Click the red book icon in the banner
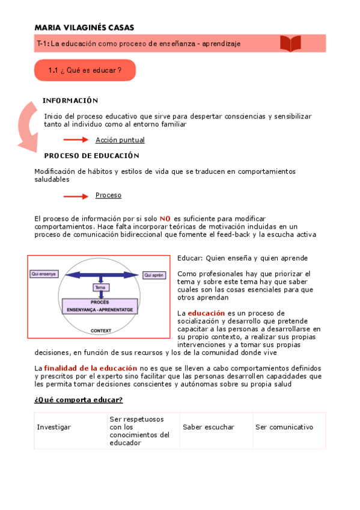point(290,43)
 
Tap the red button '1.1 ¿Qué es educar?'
point(85,70)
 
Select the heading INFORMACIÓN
point(70,100)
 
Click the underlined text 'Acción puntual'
point(120,140)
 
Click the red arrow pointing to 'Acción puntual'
point(76,140)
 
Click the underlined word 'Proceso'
point(108,195)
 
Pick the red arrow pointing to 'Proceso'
point(76,195)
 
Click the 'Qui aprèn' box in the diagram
point(154,275)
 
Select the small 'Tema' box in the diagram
point(100,287)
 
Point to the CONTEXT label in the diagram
point(100,330)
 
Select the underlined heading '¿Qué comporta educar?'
point(78,400)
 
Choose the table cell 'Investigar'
point(54,427)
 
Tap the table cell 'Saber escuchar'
point(209,427)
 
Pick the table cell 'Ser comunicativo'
point(284,427)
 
